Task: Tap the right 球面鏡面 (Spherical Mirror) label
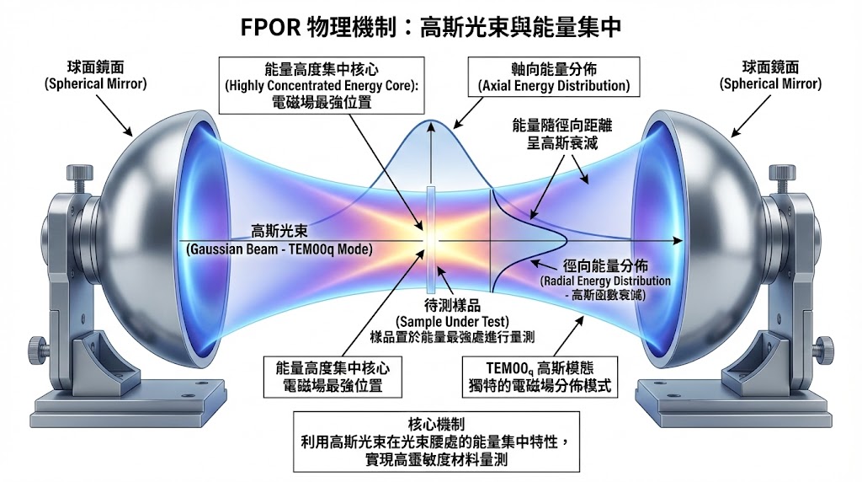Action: click(x=769, y=76)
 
